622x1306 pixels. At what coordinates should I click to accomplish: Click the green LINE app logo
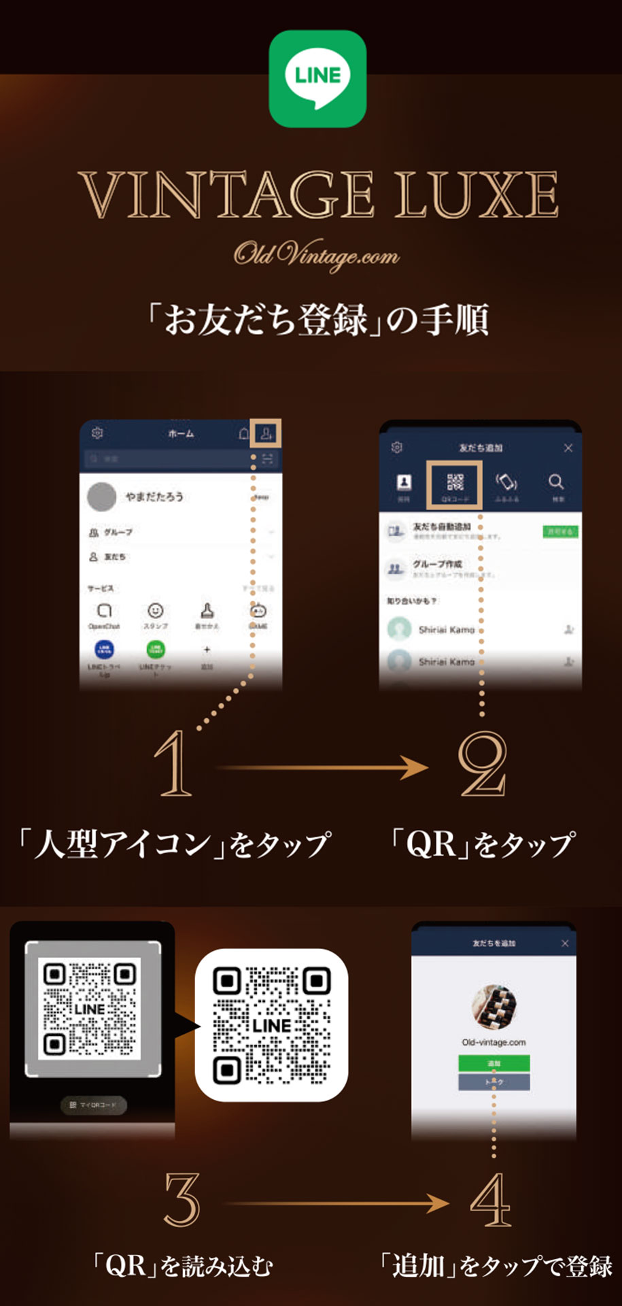pos(317,78)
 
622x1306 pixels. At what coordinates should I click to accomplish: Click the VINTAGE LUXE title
pos(318,195)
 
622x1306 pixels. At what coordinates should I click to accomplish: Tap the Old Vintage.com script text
pos(317,255)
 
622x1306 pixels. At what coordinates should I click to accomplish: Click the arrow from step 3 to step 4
pos(336,1203)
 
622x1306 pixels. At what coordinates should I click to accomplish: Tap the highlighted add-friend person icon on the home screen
pos(266,433)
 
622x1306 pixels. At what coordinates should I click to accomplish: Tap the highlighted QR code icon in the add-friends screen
pos(455,484)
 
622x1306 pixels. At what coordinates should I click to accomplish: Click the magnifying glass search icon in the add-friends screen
pos(556,482)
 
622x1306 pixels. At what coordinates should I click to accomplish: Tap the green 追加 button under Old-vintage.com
pos(494,1062)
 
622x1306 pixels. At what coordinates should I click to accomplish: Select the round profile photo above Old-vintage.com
pos(494,1006)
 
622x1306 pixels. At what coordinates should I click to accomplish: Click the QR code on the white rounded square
pos(271,1024)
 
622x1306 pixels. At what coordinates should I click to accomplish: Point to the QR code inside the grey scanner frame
pos(89,1008)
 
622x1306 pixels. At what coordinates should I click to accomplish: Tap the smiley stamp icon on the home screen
pos(156,610)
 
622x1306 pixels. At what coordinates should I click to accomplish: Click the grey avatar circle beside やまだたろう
pos(101,497)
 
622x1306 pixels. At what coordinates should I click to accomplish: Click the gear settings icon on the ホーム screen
pos(97,433)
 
